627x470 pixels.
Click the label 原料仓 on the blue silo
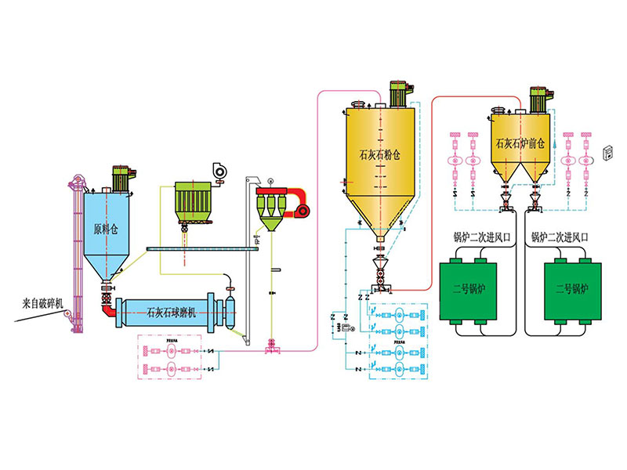(104, 230)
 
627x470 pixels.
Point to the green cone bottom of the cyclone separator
(270, 225)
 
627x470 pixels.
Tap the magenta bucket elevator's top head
(75, 184)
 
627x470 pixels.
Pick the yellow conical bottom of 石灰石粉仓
(380, 219)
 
